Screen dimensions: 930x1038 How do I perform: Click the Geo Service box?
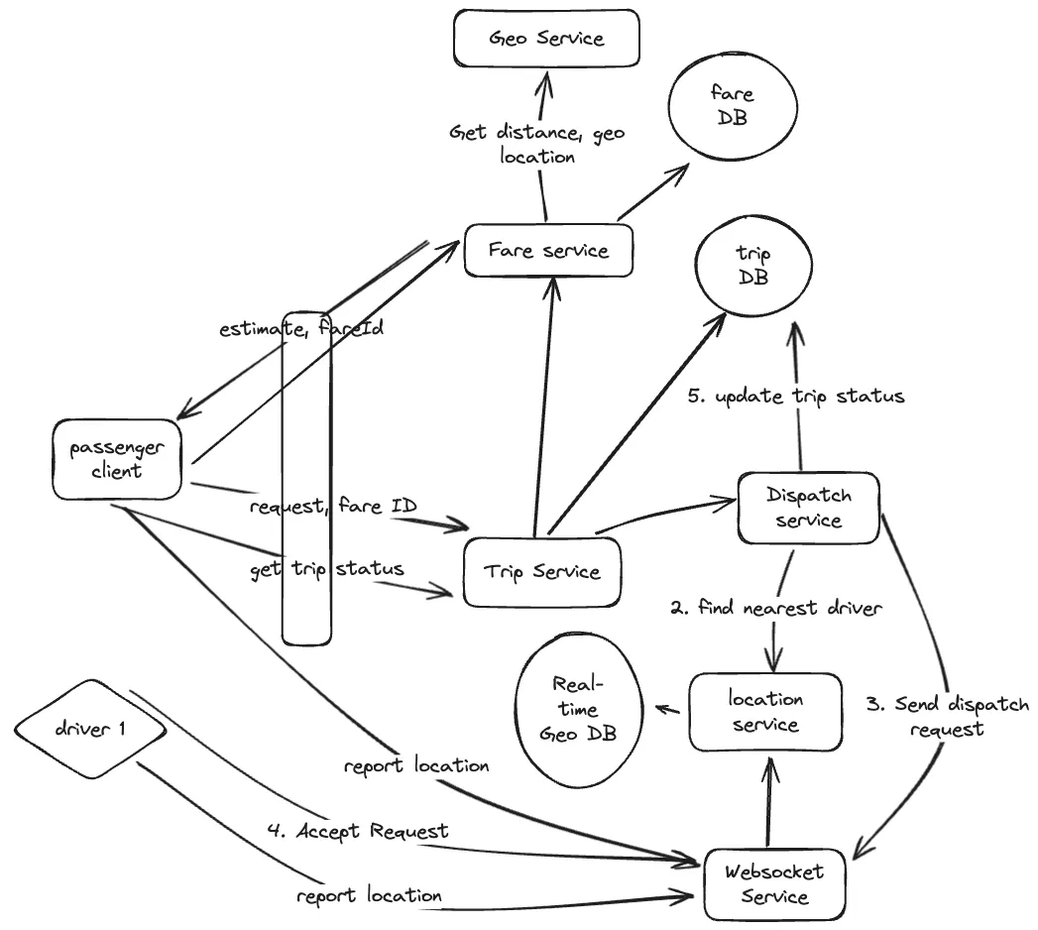pyautogui.click(x=546, y=40)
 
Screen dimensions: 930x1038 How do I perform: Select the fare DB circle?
pyautogui.click(x=734, y=105)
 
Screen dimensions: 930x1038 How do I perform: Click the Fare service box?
pyautogui.click(x=548, y=250)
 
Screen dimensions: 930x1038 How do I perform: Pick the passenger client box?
pyautogui.click(x=117, y=458)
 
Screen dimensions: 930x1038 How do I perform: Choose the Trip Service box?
pyautogui.click(x=542, y=572)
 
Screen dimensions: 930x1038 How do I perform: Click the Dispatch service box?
pyautogui.click(x=809, y=508)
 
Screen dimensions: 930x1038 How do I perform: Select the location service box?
pyautogui.click(x=764, y=711)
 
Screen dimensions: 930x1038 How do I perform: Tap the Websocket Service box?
pyautogui.click(x=775, y=883)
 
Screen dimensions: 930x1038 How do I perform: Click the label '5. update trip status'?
pyautogui.click(x=796, y=396)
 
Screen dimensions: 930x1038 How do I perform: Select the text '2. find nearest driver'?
pyautogui.click(x=775, y=608)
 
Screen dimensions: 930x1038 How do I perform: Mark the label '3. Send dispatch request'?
pyautogui.click(x=946, y=716)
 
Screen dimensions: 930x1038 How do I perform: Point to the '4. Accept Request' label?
pyautogui.click(x=358, y=831)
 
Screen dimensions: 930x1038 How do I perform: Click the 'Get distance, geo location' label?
pyautogui.click(x=536, y=144)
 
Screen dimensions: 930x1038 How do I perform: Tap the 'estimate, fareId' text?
pyautogui.click(x=300, y=329)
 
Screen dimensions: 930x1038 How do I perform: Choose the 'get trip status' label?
pyautogui.click(x=326, y=569)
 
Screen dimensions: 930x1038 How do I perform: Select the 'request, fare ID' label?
pyautogui.click(x=332, y=507)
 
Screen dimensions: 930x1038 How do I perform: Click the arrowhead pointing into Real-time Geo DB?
pyautogui.click(x=656, y=709)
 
